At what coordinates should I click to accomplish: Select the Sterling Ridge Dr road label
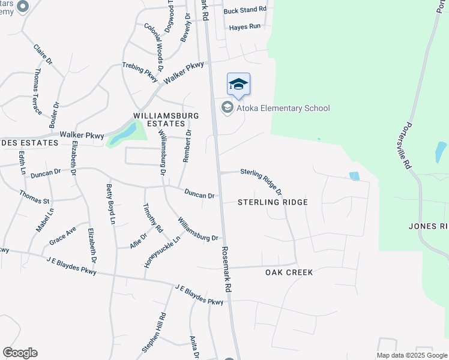262,181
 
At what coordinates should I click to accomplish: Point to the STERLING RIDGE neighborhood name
273,202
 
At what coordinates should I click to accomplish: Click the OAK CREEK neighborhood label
290,272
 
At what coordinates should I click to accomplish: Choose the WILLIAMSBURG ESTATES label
158,119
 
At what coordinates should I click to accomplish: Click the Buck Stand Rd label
244,10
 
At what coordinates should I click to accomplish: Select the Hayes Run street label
246,27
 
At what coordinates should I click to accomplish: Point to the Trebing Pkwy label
139,71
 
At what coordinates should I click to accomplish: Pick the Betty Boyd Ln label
111,203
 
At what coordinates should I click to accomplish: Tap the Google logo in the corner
20,353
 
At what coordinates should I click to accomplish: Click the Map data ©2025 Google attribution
412,355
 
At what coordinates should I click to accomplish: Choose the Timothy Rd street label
152,217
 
